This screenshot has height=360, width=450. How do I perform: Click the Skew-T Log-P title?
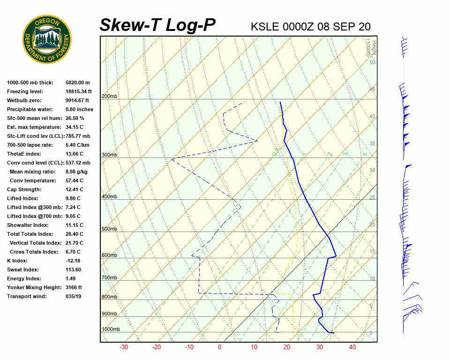157,25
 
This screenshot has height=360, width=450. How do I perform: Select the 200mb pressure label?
109,97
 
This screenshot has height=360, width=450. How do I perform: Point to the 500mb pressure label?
109,229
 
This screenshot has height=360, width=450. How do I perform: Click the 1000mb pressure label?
111,330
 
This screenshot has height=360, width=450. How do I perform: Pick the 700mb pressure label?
109,278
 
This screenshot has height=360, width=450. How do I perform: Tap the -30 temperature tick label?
124,347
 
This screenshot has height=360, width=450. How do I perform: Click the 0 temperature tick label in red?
219,347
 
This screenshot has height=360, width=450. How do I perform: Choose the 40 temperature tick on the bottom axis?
352,347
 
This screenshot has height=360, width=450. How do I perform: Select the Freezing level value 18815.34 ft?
79,91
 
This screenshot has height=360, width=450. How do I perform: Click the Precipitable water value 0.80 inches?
79,109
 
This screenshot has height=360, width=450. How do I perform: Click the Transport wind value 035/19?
74,296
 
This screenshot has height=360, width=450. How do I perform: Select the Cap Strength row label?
24,189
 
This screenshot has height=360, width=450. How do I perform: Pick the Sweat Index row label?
23,270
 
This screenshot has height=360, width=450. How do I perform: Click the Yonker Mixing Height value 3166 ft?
74,287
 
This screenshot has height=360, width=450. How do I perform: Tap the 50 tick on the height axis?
372,62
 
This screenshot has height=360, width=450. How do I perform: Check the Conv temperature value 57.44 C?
75,180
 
